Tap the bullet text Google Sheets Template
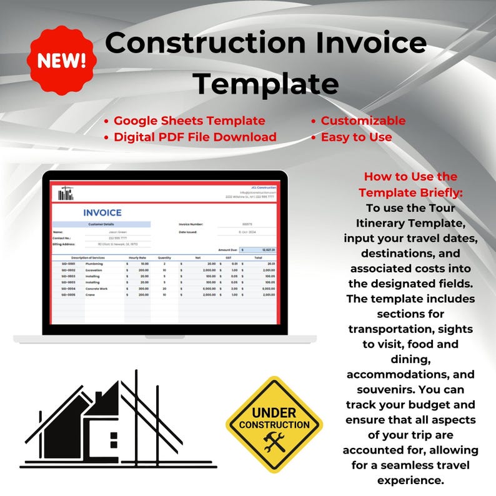tap(189, 121)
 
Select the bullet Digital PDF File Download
tap(195, 137)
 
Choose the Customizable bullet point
tap(363, 121)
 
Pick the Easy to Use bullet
tap(356, 137)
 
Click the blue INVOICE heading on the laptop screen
tap(102, 213)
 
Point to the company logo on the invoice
tap(65, 194)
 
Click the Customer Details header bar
tap(101, 224)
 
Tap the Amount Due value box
tap(259, 249)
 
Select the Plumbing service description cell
tap(95, 264)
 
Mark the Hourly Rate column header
tap(138, 257)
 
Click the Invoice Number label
tap(191, 224)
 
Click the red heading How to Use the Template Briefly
tap(410, 185)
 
